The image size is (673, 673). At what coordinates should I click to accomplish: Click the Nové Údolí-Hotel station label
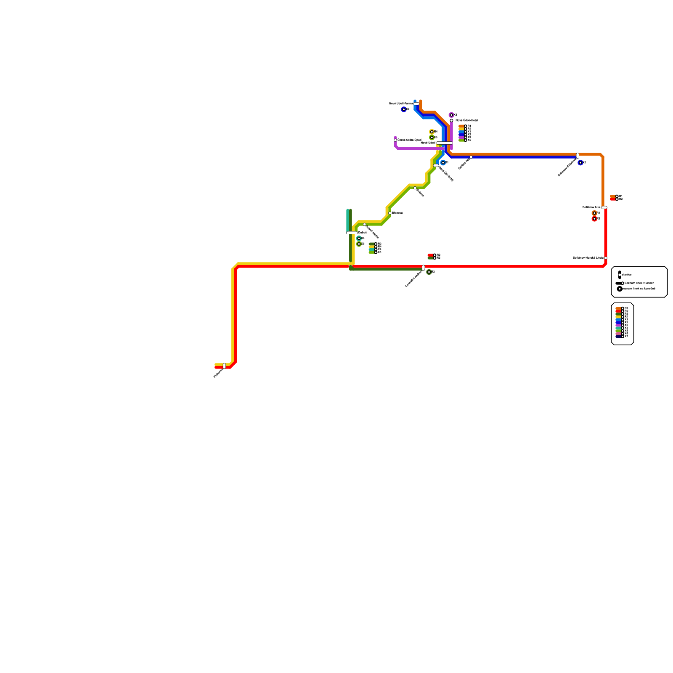click(x=466, y=120)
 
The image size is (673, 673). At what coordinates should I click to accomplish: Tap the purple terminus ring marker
click(x=451, y=115)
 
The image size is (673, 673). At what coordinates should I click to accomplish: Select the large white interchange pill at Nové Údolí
click(x=444, y=143)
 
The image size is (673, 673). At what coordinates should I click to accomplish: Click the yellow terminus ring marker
click(x=432, y=132)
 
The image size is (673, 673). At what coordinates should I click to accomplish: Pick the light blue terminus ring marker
click(x=443, y=162)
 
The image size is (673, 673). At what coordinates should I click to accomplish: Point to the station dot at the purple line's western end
click(x=395, y=140)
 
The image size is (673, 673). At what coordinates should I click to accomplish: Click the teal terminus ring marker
click(x=358, y=238)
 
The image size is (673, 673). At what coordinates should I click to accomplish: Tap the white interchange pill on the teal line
click(x=352, y=233)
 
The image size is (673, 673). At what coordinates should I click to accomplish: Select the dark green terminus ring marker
click(x=429, y=272)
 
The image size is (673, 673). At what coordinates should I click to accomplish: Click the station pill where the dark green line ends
click(x=424, y=268)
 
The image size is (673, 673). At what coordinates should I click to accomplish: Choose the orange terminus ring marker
click(x=594, y=213)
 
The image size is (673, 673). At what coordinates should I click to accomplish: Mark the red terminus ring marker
click(x=594, y=219)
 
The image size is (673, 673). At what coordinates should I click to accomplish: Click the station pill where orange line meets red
click(x=604, y=207)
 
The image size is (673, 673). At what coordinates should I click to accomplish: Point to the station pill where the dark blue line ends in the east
click(x=578, y=156)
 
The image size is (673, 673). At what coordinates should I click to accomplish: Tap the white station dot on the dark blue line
click(x=471, y=157)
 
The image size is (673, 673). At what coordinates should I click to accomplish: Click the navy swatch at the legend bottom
click(x=618, y=336)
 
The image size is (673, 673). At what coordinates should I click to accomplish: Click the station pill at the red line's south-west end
click(x=224, y=366)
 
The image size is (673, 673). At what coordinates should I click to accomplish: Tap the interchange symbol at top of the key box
click(x=620, y=275)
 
